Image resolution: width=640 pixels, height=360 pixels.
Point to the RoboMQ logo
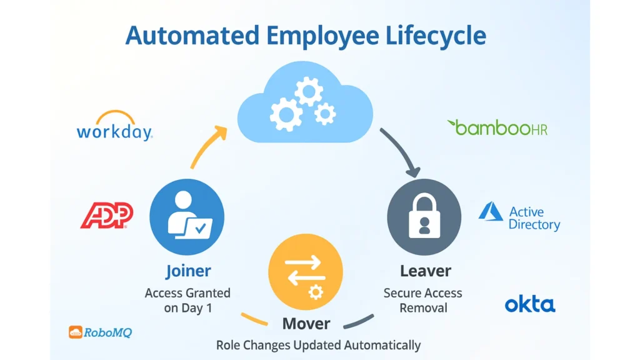coord(100,332)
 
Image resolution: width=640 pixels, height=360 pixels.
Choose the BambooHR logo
coord(497,127)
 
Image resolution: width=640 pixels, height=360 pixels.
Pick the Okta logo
coord(529,305)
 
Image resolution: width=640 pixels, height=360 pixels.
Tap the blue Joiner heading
coord(188,271)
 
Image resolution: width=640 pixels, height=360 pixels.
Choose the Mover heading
coord(306,323)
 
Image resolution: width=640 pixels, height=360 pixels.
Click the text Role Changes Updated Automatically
coord(318,345)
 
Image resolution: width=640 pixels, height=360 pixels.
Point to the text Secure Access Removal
coord(423,300)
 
